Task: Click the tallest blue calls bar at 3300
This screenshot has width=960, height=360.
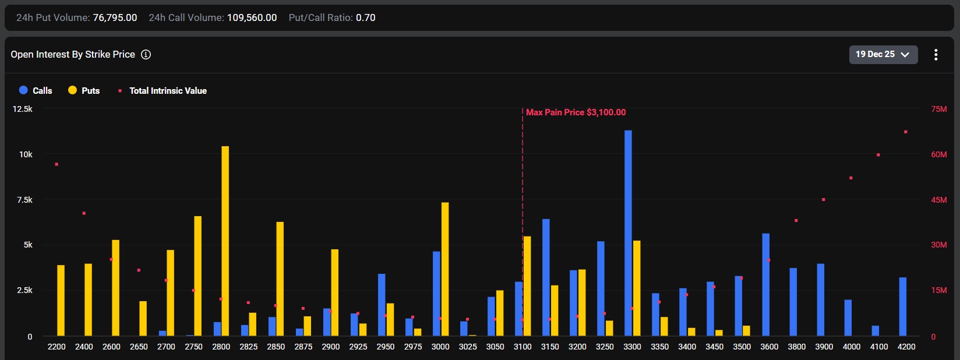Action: (628, 233)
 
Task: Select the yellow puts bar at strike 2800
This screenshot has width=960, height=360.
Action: (225, 241)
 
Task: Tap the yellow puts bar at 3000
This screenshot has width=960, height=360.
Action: (445, 269)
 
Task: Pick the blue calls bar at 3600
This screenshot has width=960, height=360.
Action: (766, 285)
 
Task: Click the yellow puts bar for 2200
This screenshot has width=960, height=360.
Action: (61, 301)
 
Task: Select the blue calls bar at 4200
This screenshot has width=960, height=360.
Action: (903, 306)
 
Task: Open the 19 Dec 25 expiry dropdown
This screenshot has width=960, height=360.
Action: (883, 54)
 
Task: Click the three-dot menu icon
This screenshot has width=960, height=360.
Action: (936, 54)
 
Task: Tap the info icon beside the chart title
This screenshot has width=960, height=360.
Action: (146, 54)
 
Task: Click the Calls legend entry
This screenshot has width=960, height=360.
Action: (36, 90)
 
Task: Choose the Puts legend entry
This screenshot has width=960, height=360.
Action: (84, 90)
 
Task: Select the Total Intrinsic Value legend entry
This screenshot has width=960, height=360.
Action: (163, 90)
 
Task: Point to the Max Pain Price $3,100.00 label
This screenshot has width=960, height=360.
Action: (576, 112)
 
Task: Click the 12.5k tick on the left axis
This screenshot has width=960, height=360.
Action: (22, 109)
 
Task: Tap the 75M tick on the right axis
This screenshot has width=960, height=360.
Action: (938, 109)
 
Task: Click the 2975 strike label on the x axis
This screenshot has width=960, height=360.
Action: (412, 347)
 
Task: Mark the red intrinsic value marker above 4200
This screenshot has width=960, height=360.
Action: (906, 132)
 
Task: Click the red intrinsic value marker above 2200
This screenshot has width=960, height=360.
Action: (57, 164)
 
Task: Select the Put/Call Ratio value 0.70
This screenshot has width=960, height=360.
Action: (366, 17)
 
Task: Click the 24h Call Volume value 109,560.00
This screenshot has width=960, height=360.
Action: (252, 17)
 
